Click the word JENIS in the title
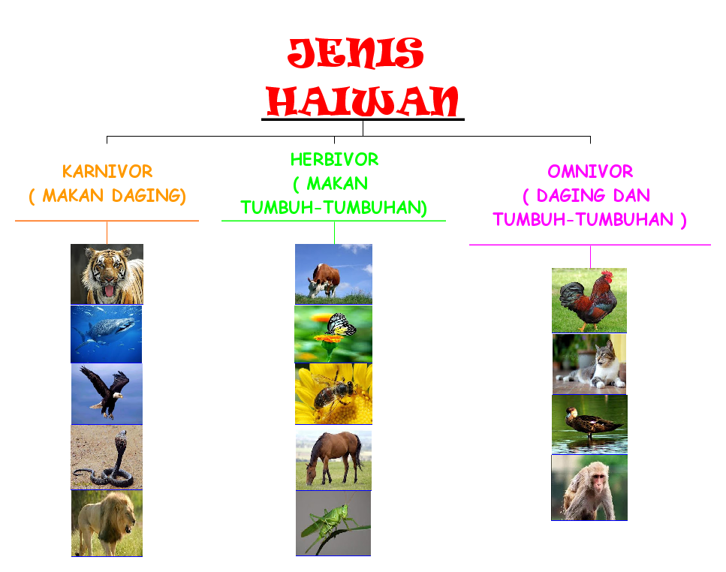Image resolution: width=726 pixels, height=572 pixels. click(355, 54)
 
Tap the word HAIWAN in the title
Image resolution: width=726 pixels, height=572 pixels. click(363, 101)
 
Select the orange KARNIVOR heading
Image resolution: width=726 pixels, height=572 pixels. click(107, 171)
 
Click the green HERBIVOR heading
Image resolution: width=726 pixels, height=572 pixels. click(334, 159)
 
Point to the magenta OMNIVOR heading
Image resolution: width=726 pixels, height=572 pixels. click(590, 171)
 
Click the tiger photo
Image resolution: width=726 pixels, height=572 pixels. click(107, 274)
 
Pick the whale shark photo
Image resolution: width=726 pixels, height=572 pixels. click(107, 334)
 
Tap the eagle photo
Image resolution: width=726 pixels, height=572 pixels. click(107, 394)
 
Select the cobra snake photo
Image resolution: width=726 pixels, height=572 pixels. click(107, 456)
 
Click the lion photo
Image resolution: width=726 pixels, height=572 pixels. click(107, 522)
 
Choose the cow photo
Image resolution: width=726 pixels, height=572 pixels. click(333, 273)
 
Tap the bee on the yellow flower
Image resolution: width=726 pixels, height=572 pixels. click(333, 394)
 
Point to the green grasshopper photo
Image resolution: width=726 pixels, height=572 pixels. click(333, 522)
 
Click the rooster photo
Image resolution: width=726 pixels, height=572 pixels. click(589, 300)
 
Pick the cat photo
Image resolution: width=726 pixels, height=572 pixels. click(589, 364)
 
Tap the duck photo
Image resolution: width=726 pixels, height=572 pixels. click(589, 423)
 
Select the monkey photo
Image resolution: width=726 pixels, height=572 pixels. click(589, 487)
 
